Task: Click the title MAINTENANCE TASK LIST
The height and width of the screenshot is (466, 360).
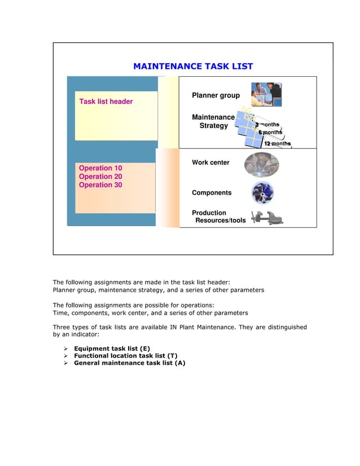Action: tap(192, 67)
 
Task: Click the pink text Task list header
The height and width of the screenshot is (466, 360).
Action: tap(106, 102)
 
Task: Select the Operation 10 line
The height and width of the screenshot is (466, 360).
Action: tap(100, 168)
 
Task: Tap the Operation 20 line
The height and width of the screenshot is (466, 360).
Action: tap(100, 177)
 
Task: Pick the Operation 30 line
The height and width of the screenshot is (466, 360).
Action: tap(100, 185)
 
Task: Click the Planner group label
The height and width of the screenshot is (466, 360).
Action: tap(216, 95)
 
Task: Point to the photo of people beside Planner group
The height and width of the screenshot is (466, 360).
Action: tap(266, 95)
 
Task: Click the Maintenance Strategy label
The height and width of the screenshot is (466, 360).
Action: tap(213, 121)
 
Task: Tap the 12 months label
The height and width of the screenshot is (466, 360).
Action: tap(277, 143)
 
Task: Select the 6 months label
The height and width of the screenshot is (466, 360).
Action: tap(270, 133)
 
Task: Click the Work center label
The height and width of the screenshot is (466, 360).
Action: tap(210, 162)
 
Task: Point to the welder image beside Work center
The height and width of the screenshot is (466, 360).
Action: tap(261, 165)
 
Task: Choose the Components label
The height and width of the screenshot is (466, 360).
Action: tap(212, 193)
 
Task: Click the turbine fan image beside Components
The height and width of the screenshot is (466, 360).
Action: tap(262, 192)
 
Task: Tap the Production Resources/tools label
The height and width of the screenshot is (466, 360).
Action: tap(219, 217)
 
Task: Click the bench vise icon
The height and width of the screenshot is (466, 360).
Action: tap(267, 217)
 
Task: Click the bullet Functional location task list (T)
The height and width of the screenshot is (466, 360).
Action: tap(125, 356)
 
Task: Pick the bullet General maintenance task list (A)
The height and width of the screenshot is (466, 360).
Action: tap(129, 363)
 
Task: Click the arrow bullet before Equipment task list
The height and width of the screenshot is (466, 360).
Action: tap(66, 349)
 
